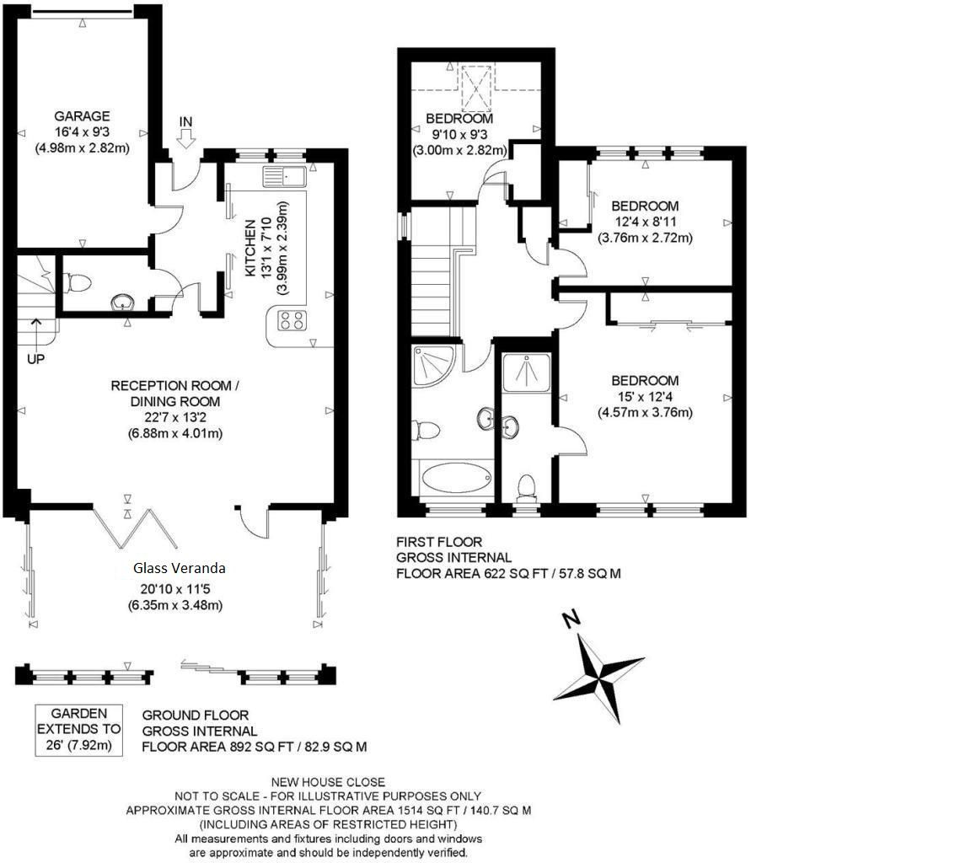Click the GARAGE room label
pos(82,116)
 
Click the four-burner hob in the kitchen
pos(291,320)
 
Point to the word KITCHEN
pos(250,249)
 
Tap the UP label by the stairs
pos(35,358)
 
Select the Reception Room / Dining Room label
pos(175,394)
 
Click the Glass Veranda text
pos(180,568)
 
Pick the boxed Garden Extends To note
pos(78,729)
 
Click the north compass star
pos(599,677)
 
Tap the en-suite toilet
pos(527,488)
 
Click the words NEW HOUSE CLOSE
pos(328,782)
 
